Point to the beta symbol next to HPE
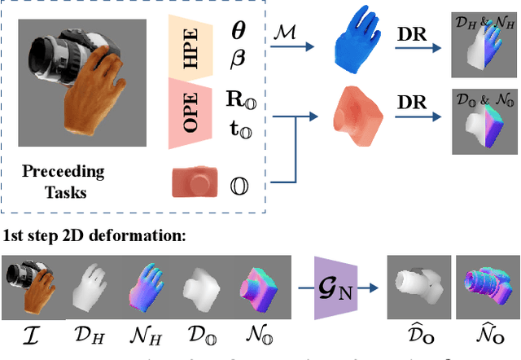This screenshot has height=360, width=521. coord(239,58)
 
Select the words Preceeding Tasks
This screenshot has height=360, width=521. coord(63,180)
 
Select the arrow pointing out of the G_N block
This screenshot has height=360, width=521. coord(371,286)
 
